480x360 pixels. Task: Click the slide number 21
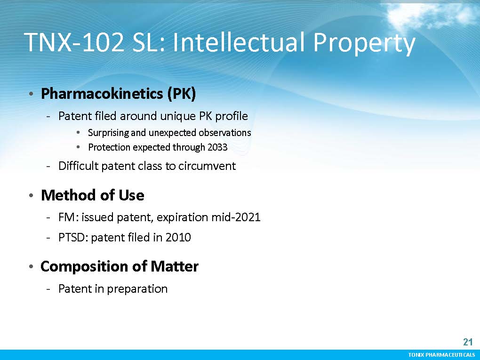pyautogui.click(x=468, y=342)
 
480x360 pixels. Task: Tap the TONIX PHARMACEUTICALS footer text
pyautogui.click(x=441, y=355)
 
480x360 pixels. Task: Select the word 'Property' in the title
pyautogui.click(x=364, y=44)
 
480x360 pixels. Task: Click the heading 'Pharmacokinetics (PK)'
pyautogui.click(x=118, y=93)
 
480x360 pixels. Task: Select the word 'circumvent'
pyautogui.click(x=207, y=166)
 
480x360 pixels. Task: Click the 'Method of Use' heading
pyautogui.click(x=92, y=195)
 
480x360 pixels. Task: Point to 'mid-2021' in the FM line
pyautogui.click(x=236, y=217)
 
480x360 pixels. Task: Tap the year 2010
pyautogui.click(x=178, y=237)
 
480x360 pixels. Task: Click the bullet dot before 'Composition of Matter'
pyautogui.click(x=31, y=267)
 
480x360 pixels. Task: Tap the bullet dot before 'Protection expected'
pyautogui.click(x=79, y=147)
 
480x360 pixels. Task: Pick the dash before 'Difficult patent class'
pyautogui.click(x=48, y=167)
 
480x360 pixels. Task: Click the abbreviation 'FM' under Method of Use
pyautogui.click(x=66, y=217)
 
